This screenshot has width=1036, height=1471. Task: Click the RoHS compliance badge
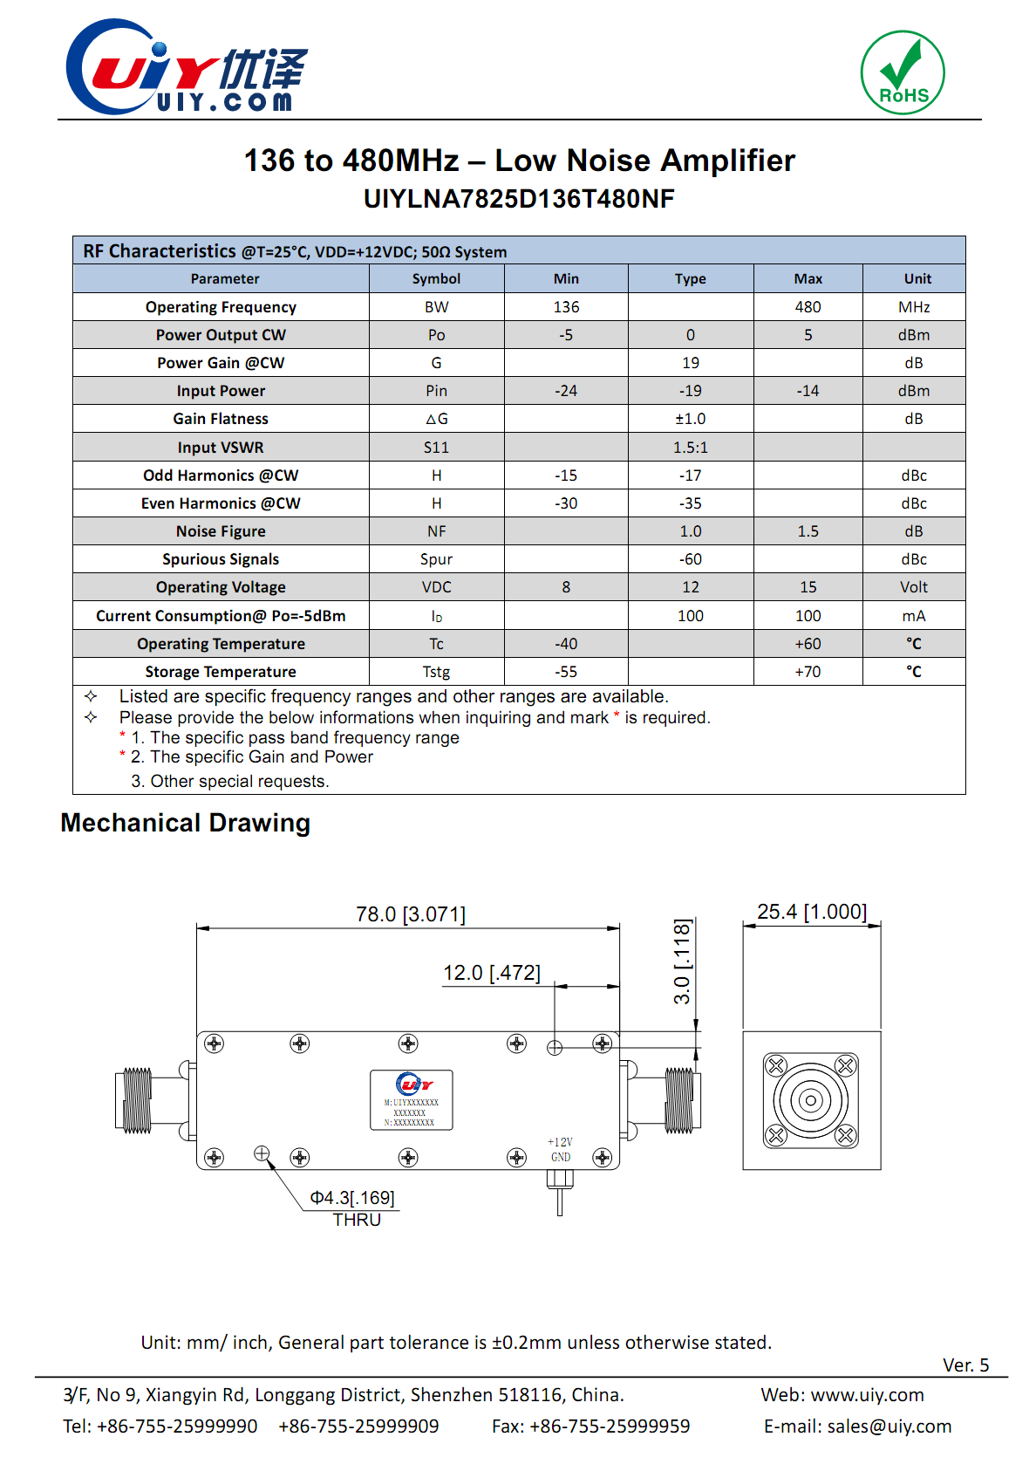[903, 73]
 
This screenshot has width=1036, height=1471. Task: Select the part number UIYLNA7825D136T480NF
[519, 199]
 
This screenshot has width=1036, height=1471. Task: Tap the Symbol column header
[436, 279]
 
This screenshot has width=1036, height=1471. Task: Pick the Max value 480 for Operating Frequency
[808, 307]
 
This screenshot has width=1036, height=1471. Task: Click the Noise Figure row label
[221, 531]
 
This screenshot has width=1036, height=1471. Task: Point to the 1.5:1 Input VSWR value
[690, 448]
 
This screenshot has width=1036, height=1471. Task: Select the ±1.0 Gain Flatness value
[690, 419]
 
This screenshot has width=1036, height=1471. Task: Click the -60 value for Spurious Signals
[690, 559]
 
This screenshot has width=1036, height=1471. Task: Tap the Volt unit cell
[913, 587]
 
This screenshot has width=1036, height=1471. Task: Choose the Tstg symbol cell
[436, 672]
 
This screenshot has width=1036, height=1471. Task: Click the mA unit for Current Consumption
[913, 616]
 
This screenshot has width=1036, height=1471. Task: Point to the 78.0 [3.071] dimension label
[411, 914]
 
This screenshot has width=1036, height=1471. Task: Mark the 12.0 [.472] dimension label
[492, 973]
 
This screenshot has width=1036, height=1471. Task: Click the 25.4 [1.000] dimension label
[812, 912]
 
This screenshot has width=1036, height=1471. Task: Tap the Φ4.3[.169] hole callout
[352, 1198]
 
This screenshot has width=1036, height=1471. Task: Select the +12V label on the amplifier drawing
[560, 1142]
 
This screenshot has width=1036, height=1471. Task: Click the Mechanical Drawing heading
[186, 823]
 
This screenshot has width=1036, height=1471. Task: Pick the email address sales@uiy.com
[889, 1427]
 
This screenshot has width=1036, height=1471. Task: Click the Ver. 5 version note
[965, 1365]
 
